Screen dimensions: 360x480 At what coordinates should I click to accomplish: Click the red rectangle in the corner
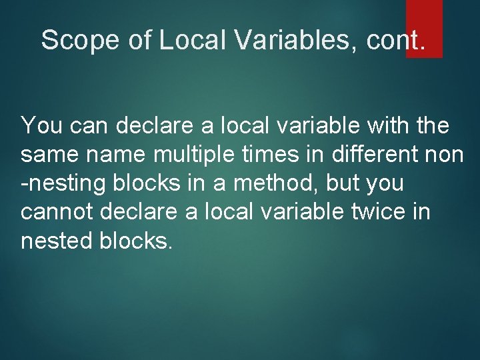pos(424,27)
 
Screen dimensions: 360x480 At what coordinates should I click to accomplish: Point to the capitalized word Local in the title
pos(193,40)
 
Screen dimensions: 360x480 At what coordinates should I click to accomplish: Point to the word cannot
pos(57,212)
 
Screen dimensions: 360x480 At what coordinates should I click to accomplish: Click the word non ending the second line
pos(444,154)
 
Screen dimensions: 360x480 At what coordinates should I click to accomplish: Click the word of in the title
pos(140,40)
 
